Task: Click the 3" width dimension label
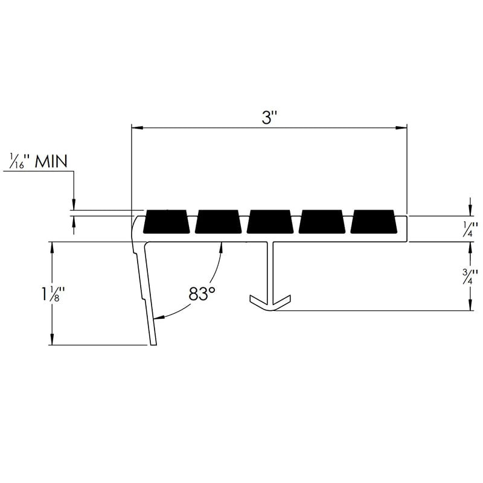click(x=269, y=118)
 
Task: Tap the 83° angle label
click(x=202, y=294)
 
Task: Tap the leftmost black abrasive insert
click(x=167, y=222)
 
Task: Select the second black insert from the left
click(x=219, y=222)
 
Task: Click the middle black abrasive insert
click(x=270, y=222)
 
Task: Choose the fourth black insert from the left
click(x=322, y=222)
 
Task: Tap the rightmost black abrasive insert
click(x=374, y=222)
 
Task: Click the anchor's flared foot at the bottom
click(x=270, y=301)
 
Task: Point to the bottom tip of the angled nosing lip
click(x=153, y=343)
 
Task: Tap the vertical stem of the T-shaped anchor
click(x=270, y=269)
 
